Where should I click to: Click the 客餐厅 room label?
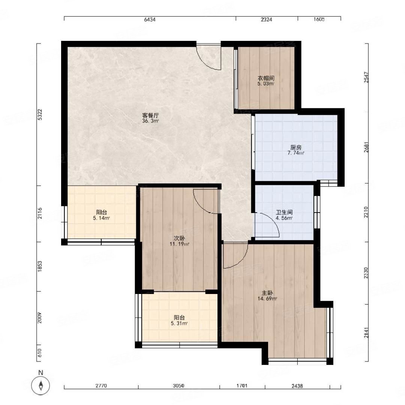(150, 115)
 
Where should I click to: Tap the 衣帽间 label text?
(266, 78)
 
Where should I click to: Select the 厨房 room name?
(296, 147)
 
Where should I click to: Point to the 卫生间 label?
(284, 213)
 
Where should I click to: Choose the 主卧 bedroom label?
(267, 293)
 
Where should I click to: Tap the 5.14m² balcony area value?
(102, 218)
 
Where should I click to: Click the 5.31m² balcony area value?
(179, 323)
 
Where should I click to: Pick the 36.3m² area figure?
(150, 121)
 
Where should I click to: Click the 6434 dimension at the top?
(150, 19)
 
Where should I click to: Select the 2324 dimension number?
(266, 19)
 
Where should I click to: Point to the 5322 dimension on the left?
(40, 114)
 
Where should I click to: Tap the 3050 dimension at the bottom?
(178, 386)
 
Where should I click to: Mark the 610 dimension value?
(40, 353)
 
